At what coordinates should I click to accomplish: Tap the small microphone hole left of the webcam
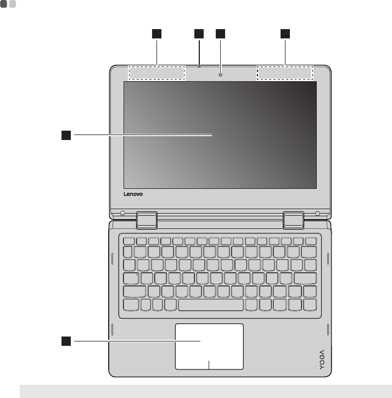point(199,66)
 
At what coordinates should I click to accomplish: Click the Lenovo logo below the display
point(132,194)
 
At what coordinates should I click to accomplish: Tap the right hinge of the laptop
point(294,218)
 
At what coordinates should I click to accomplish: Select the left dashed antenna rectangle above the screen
point(157,72)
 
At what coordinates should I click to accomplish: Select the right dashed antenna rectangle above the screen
point(285,72)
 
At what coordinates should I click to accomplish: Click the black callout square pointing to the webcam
point(220,34)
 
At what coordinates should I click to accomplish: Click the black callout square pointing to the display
point(66,133)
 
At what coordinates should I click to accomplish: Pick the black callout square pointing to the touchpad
point(66,341)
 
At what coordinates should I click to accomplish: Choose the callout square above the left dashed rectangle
point(157,34)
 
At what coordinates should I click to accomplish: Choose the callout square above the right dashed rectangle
point(285,34)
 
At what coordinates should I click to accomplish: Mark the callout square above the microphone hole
point(199,34)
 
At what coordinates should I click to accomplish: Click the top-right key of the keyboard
point(311,240)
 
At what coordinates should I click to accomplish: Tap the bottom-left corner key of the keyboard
point(132,304)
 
